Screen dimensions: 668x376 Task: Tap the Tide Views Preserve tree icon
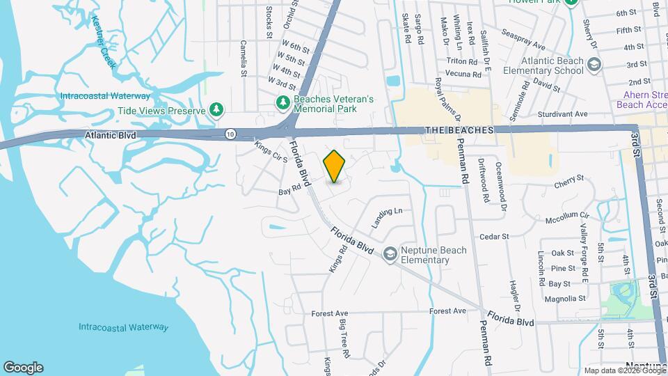pos(218,110)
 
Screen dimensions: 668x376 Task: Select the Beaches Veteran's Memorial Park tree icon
pos(283,104)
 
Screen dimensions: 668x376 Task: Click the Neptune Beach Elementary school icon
pos(390,255)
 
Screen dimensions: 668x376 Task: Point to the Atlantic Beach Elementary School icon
pos(594,65)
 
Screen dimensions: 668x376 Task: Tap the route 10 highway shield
pos(230,133)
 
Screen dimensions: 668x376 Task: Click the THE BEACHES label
pos(459,130)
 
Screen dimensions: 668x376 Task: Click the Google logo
pos(23,367)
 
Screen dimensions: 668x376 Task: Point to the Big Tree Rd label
pos(343,339)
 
